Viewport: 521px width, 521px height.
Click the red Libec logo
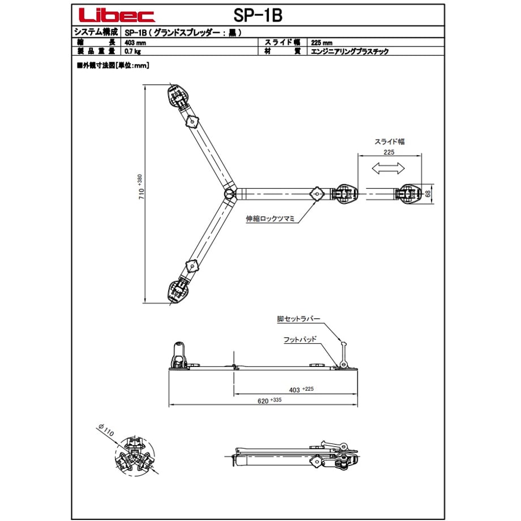[117, 15]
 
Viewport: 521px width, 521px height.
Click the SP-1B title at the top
[258, 15]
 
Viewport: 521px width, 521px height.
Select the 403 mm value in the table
[135, 42]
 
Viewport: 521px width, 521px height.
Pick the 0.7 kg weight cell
[133, 51]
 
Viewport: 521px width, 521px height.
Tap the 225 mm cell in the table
[322, 42]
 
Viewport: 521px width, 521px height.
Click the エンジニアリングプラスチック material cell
[349, 51]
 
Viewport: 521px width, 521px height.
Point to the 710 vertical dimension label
[140, 187]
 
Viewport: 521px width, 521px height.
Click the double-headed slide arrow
[388, 168]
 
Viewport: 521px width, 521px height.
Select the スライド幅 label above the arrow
[390, 142]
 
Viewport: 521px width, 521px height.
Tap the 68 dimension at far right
[428, 193]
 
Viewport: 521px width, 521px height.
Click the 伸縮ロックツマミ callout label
[270, 219]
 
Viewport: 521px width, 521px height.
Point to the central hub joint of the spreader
[228, 193]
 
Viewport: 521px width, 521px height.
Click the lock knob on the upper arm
[192, 122]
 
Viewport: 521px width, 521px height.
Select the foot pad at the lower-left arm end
[178, 292]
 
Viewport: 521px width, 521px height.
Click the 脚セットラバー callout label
[298, 319]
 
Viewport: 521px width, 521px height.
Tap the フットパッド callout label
[300, 339]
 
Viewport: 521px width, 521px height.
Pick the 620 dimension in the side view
[269, 401]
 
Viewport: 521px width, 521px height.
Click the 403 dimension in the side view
[301, 390]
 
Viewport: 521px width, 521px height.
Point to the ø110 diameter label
[106, 430]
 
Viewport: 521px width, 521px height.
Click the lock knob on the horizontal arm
[317, 194]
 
